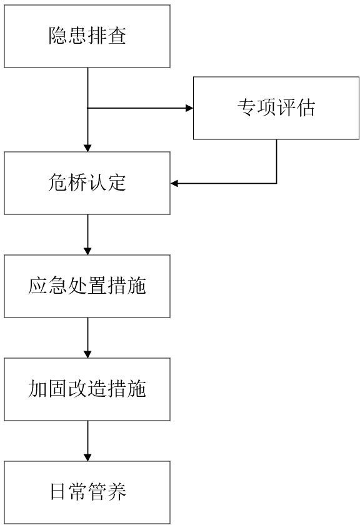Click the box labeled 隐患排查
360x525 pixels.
pyautogui.click(x=87, y=36)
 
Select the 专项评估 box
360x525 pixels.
pyautogui.click(x=276, y=107)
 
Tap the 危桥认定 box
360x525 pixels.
pyautogui.click(x=87, y=182)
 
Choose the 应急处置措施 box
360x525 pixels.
pyautogui.click(x=87, y=286)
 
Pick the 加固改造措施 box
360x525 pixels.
pyautogui.click(x=87, y=389)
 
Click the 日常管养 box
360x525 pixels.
pyautogui.click(x=87, y=492)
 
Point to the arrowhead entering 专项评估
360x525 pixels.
pyautogui.click(x=189, y=107)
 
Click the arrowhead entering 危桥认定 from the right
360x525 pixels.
pyautogui.click(x=174, y=183)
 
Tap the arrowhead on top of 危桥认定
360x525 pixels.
pyautogui.click(x=87, y=148)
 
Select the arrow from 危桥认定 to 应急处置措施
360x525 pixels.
pyautogui.click(x=87, y=234)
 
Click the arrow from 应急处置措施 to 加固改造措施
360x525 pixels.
pyautogui.click(x=87, y=337)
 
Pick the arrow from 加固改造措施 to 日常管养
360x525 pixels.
pyautogui.click(x=87, y=441)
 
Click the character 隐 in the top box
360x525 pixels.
pyautogui.click(x=57, y=36)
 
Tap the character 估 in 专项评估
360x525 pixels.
pyautogui.click(x=306, y=107)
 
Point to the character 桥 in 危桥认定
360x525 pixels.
pyautogui.click(x=77, y=182)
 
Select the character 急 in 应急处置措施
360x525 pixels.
pyautogui.click(x=57, y=286)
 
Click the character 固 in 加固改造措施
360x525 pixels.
pyautogui.click(x=57, y=389)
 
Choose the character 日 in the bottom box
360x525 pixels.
pyautogui.click(x=57, y=492)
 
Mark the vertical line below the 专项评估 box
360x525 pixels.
pyautogui.click(x=277, y=161)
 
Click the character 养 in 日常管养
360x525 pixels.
pyautogui.click(x=117, y=492)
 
